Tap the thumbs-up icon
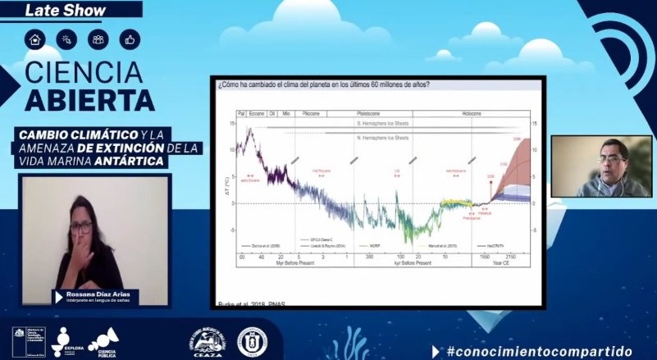[x=129, y=39]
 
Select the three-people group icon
[x=98, y=39]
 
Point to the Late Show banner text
[x=56, y=11]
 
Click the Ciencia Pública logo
[x=104, y=341]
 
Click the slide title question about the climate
[x=324, y=84]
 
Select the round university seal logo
[x=252, y=341]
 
